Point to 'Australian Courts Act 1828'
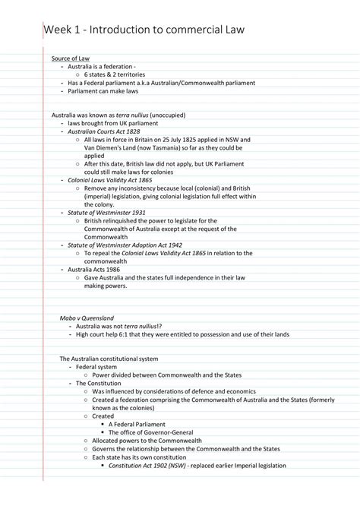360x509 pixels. point(99,131)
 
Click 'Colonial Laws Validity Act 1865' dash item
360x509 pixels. point(106,180)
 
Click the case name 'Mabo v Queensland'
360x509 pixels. point(87,317)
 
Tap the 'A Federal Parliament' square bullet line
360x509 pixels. point(138,424)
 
